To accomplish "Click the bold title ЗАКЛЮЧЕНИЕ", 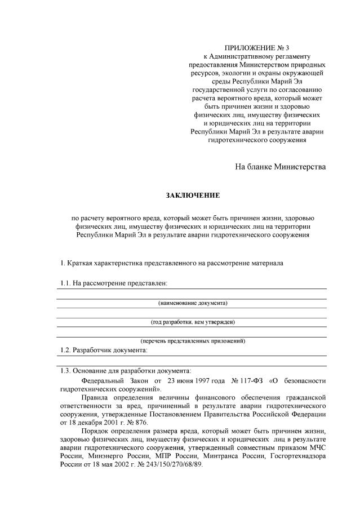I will (x=192, y=196).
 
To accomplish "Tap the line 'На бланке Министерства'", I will (x=280, y=167).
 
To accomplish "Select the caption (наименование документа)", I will (x=192, y=303).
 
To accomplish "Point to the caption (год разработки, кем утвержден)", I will (x=192, y=322).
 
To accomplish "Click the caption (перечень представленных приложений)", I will (x=192, y=341).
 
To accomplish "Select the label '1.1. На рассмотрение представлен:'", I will (x=114, y=282).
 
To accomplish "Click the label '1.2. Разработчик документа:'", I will (x=104, y=350).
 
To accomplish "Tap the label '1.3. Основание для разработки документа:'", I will (x=126, y=371).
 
